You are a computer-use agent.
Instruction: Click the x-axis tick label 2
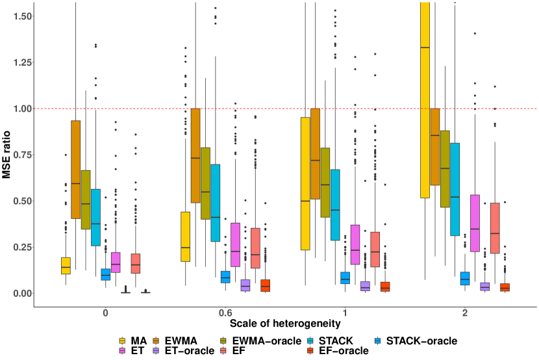[465, 313]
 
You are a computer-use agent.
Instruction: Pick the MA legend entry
[132, 340]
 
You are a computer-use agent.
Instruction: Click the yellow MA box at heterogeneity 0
[66, 265]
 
